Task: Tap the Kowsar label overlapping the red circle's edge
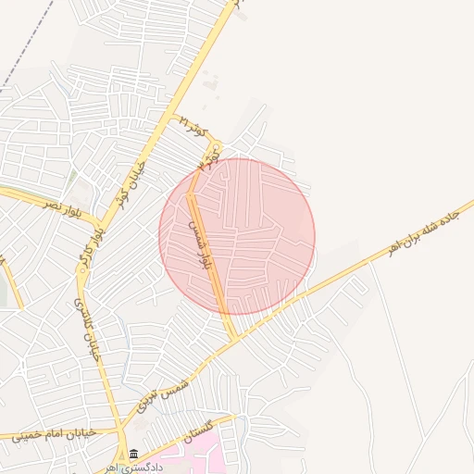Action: tap(208, 161)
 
